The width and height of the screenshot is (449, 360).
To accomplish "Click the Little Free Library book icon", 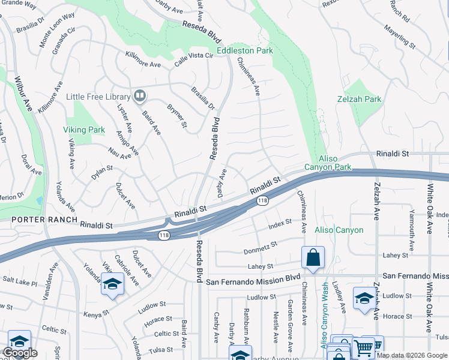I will (x=140, y=96).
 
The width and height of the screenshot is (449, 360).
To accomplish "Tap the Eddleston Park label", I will (x=245, y=51).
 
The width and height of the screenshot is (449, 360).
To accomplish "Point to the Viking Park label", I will (x=84, y=130).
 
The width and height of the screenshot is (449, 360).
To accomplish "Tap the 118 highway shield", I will (x=262, y=201).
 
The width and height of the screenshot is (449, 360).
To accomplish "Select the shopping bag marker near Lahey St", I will (x=313, y=258).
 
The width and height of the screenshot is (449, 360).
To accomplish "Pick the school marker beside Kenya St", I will (x=112, y=284).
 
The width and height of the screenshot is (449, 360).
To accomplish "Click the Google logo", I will (x=20, y=353).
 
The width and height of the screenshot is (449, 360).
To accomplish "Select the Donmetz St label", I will (x=261, y=247).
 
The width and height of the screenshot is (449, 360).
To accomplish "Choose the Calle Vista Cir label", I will (x=194, y=56).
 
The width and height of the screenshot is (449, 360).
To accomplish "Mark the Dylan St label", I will (x=101, y=172).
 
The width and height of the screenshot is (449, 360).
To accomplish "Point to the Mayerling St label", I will (x=400, y=36).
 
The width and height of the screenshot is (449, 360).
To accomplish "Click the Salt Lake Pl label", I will (x=20, y=280).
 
